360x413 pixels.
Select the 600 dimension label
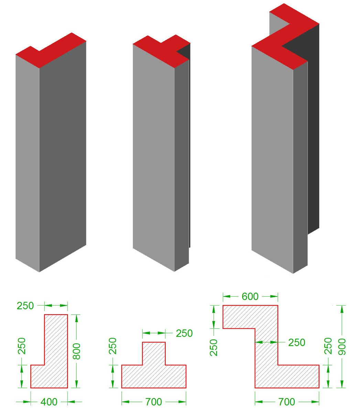(250, 296)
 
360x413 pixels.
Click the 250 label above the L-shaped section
(25, 306)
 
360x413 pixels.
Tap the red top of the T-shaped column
(161, 51)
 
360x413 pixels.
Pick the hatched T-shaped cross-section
(154, 371)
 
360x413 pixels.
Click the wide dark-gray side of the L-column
(63, 157)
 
